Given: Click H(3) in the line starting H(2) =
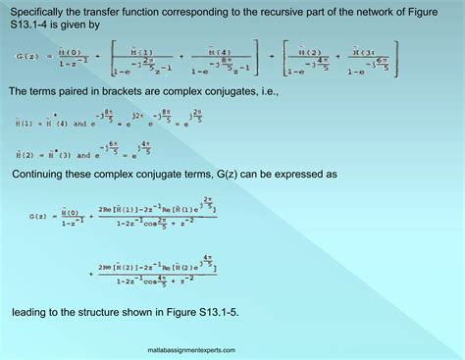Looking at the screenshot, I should [56, 155].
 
